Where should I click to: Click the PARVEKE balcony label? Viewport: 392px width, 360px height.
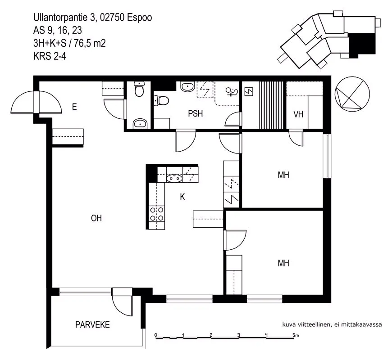[92, 324]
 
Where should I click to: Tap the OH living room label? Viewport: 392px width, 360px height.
[96, 218]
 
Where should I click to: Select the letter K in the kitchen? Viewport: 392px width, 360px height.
[182, 197]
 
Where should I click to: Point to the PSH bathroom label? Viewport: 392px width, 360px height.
[195, 113]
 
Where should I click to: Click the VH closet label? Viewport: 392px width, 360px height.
[298, 114]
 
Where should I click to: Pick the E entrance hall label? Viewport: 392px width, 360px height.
[74, 107]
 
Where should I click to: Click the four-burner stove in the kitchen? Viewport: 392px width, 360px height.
[157, 214]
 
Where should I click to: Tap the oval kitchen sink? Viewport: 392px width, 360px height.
[174, 178]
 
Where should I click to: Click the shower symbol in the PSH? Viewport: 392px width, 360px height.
[232, 92]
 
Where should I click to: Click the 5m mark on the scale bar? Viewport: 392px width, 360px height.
[296, 335]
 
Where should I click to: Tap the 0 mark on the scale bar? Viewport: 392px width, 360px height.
[156, 335]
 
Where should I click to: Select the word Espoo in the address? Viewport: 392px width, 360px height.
[139, 18]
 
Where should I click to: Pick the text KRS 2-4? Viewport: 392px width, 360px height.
[50, 56]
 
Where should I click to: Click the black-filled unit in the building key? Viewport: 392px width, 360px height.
[361, 45]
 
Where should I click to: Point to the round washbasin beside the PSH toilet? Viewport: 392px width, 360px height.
[187, 87]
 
